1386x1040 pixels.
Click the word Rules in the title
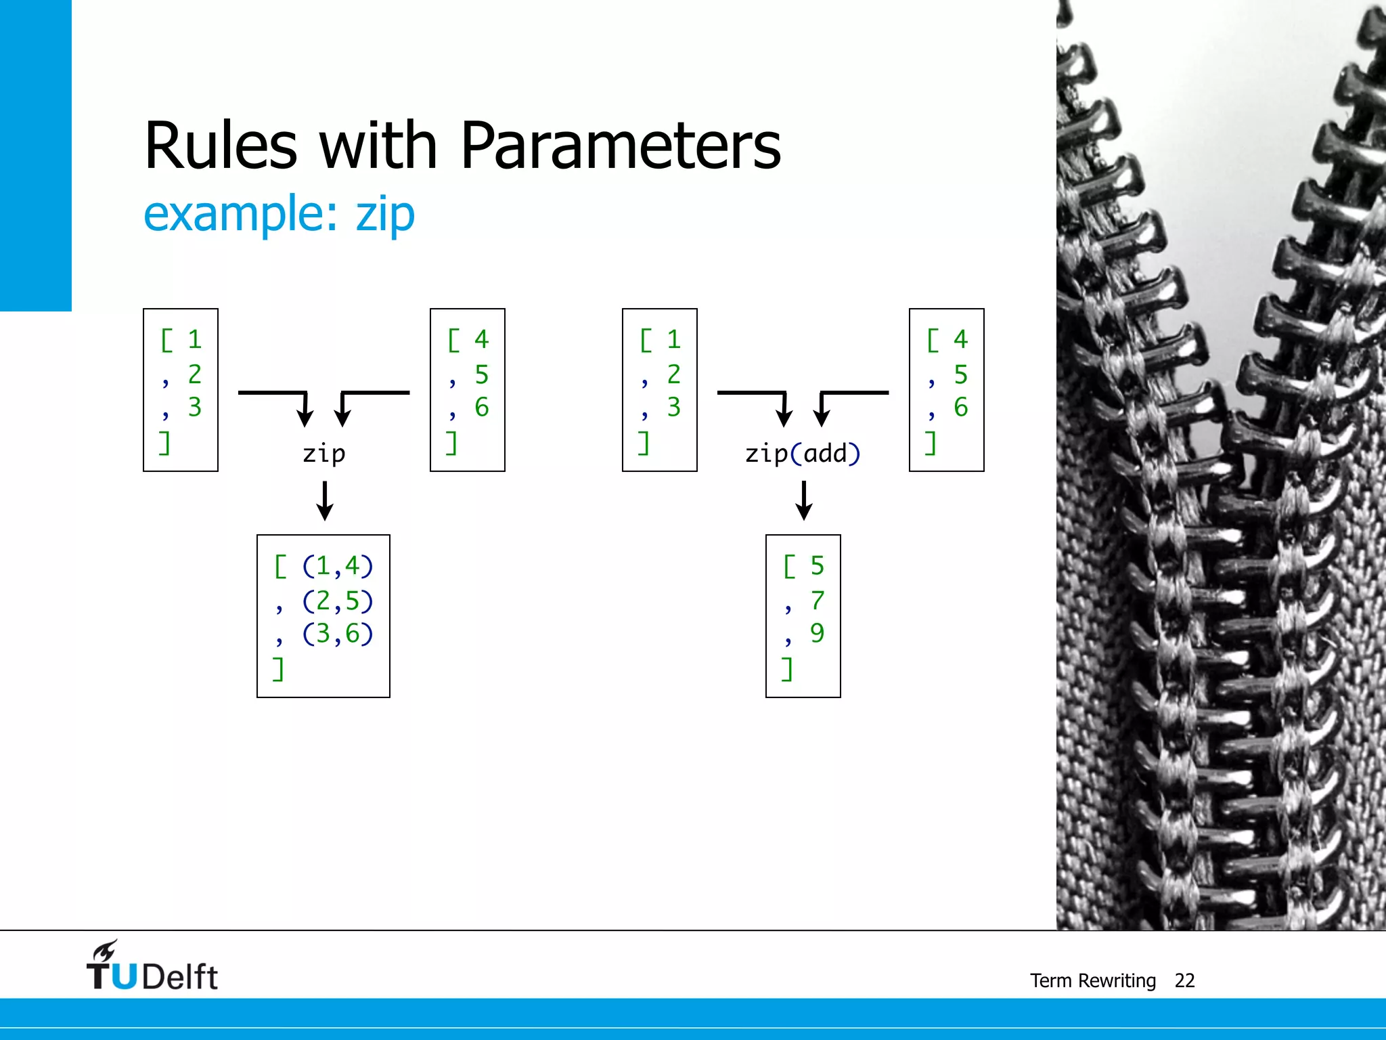[221, 146]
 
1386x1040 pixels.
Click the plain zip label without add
[324, 454]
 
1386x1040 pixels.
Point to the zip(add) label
[803, 454]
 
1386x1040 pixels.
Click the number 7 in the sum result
[818, 600]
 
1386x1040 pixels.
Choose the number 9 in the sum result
[818, 633]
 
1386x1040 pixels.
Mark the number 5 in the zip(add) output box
[818, 566]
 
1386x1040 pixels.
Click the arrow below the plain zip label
[325, 500]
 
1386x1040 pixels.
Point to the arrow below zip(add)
[804, 500]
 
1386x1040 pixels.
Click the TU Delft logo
[152, 967]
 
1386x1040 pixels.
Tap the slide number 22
[1184, 980]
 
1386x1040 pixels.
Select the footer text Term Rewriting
[1092, 980]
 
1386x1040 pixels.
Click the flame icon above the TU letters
[105, 950]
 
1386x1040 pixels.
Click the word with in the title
[378, 146]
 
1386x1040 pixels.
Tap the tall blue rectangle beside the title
[35, 155]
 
